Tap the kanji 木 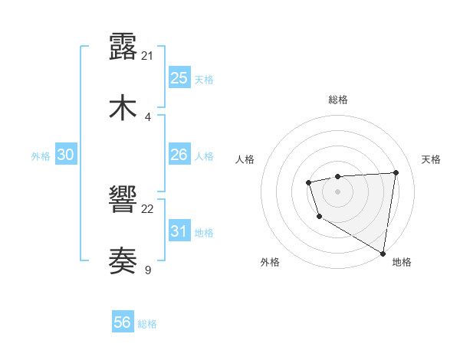pyautogui.click(x=123, y=107)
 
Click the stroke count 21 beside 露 pyautogui.click(x=148, y=55)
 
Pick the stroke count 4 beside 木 pyautogui.click(x=148, y=116)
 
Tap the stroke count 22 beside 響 pyautogui.click(x=148, y=208)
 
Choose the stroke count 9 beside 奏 pyautogui.click(x=148, y=270)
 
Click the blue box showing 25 pyautogui.click(x=179, y=77)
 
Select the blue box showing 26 pyautogui.click(x=179, y=155)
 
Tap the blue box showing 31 pyautogui.click(x=179, y=231)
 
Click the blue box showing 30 pyautogui.click(x=65, y=155)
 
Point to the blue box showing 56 pyautogui.click(x=123, y=323)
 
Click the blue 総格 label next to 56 pyautogui.click(x=147, y=324)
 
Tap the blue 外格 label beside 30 pyautogui.click(x=41, y=156)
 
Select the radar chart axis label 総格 pyautogui.click(x=337, y=100)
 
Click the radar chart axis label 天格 pyautogui.click(x=431, y=159)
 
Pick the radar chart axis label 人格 pyautogui.click(x=245, y=159)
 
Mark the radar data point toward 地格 pyautogui.click(x=383, y=254)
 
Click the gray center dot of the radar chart pyautogui.click(x=337, y=191)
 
